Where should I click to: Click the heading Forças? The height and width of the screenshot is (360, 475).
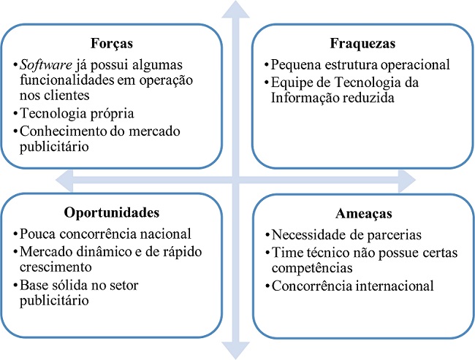[110, 42]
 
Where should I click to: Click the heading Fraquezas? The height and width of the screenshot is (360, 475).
[362, 43]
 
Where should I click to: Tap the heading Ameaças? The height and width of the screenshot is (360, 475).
[362, 214]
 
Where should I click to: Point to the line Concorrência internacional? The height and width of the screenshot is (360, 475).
[352, 286]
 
